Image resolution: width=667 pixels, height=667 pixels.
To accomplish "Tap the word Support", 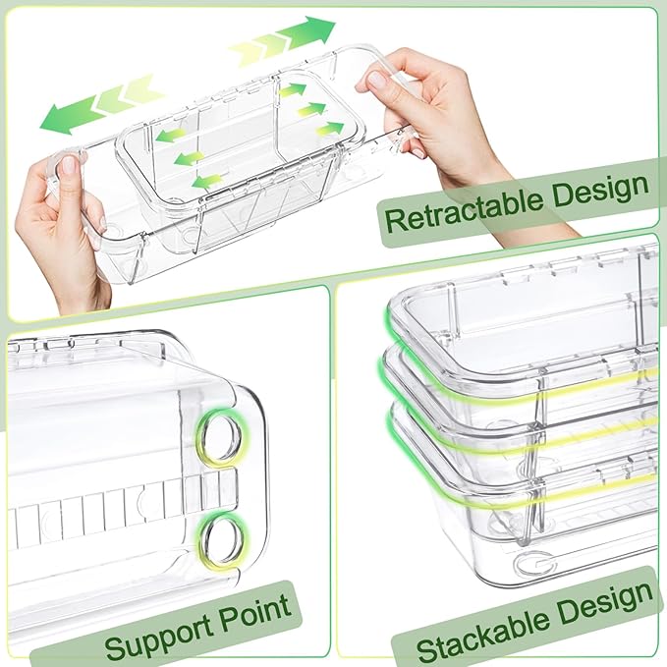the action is click(158, 632).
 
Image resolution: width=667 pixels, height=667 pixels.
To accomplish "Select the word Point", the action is click(255, 613).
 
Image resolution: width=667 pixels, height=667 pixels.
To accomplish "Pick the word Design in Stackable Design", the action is click(605, 607).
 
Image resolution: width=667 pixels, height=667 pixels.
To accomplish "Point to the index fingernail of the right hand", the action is click(375, 79).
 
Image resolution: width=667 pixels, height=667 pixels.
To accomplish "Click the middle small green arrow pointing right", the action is click(309, 110).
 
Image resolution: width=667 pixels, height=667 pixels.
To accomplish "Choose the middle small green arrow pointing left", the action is click(189, 159).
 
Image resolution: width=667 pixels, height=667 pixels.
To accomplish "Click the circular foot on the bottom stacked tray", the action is click(533, 565).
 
